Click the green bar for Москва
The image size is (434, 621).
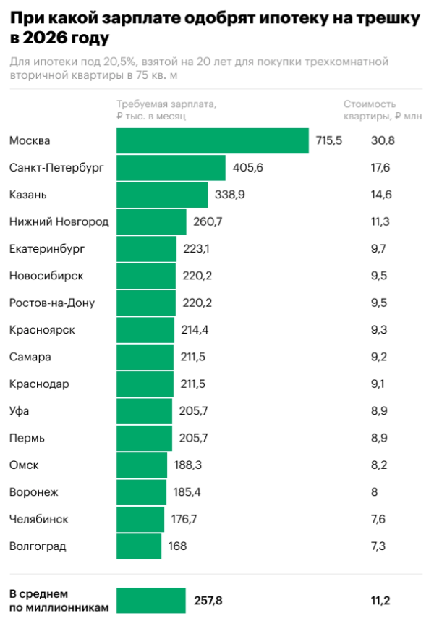(213, 140)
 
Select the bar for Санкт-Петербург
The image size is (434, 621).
(171, 168)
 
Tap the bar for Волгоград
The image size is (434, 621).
(139, 546)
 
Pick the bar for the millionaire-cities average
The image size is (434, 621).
(151, 600)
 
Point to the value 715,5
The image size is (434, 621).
(329, 140)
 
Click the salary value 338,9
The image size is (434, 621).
(230, 195)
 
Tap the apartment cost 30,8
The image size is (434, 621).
(383, 140)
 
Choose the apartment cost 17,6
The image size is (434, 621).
(380, 168)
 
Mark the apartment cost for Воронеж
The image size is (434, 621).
(374, 492)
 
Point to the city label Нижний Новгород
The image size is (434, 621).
(59, 221)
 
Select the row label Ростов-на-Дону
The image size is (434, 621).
(52, 303)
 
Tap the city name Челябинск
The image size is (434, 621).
(39, 519)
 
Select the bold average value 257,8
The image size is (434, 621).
(208, 600)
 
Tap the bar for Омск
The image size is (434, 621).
(142, 465)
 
